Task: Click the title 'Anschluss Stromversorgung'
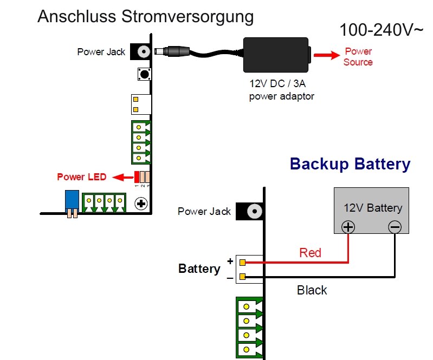click(145, 16)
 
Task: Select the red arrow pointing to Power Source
click(326, 55)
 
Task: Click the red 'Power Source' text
click(358, 57)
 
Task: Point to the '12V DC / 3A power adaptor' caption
click(281, 91)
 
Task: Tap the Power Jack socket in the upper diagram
click(143, 52)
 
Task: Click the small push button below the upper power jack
click(144, 74)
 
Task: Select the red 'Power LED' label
click(78, 177)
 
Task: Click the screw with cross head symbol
click(141, 204)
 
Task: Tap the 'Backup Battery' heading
click(350, 163)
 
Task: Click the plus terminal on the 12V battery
click(347, 227)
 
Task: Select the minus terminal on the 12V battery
click(395, 227)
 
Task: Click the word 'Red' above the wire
click(310, 252)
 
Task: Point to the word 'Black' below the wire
click(312, 290)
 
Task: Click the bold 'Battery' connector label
click(199, 269)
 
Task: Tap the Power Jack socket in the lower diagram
click(252, 211)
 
